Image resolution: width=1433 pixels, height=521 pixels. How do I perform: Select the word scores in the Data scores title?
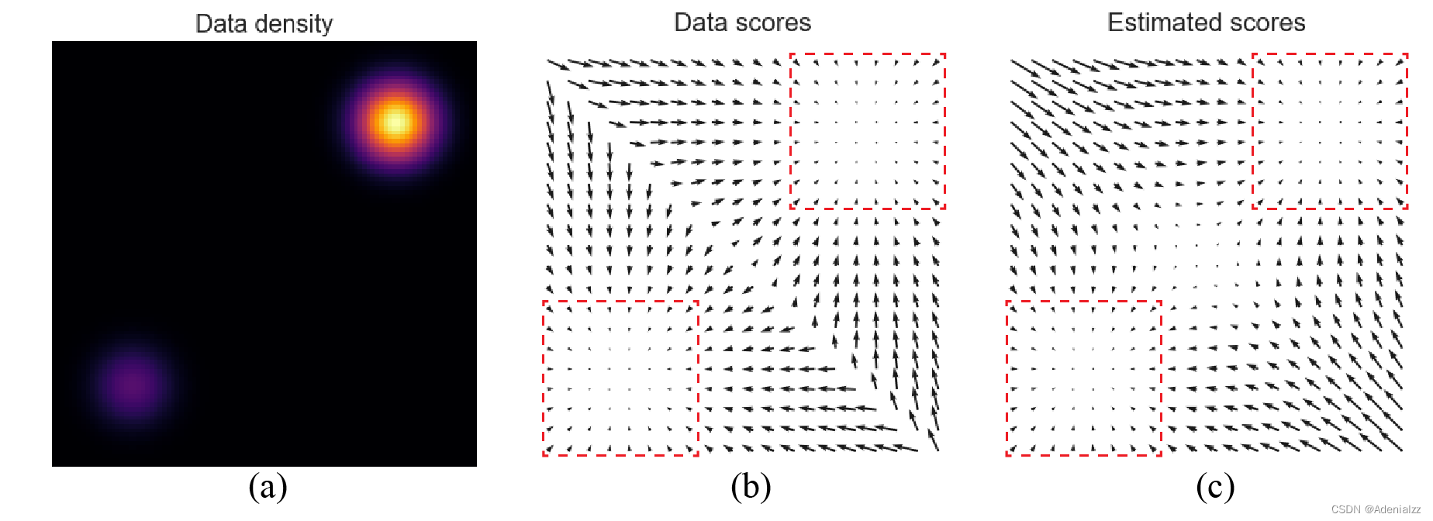tap(775, 22)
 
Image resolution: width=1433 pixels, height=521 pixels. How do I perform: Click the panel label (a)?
tap(268, 487)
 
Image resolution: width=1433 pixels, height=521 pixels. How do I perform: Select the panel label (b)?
tap(751, 487)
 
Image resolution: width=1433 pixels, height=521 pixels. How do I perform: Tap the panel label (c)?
tap(1215, 487)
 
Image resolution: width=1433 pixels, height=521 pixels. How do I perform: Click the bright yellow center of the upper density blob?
tap(395, 122)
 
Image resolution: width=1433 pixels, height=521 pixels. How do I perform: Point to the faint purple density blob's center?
tap(132, 383)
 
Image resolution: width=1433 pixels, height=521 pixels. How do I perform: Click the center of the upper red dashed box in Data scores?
tap(868, 131)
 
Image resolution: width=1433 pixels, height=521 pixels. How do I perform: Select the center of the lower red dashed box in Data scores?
tap(620, 378)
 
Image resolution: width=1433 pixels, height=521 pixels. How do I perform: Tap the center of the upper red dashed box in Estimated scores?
tap(1330, 131)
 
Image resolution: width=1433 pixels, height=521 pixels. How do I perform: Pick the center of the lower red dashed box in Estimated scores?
tap(1084, 378)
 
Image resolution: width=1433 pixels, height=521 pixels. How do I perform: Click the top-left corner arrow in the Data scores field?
tap(558, 64)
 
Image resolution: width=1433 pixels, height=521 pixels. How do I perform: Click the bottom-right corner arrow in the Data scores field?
tap(933, 441)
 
